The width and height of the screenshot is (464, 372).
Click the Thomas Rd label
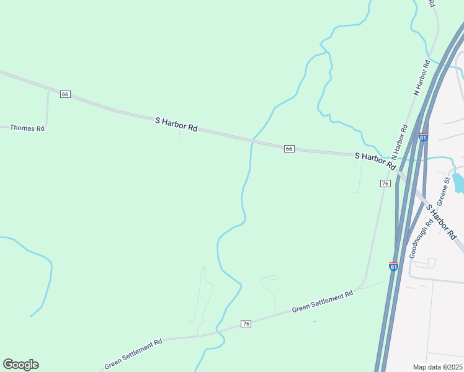[28, 128]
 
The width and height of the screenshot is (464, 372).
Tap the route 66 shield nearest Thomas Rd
[65, 94]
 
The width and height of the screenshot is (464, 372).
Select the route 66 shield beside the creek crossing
[289, 149]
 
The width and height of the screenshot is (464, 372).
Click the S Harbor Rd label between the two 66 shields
[176, 124]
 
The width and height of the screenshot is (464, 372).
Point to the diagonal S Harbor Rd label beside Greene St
[442, 221]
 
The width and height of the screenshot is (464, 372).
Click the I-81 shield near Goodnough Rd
[393, 266]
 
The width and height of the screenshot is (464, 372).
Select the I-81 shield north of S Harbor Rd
[423, 137]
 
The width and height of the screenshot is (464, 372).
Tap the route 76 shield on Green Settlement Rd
[246, 324]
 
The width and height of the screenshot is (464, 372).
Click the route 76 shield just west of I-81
[385, 184]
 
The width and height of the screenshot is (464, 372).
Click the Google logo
[20, 364]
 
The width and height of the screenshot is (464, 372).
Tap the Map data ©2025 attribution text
[437, 367]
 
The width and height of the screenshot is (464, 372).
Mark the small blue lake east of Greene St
[458, 182]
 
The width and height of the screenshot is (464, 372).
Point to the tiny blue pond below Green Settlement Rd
[314, 321]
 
